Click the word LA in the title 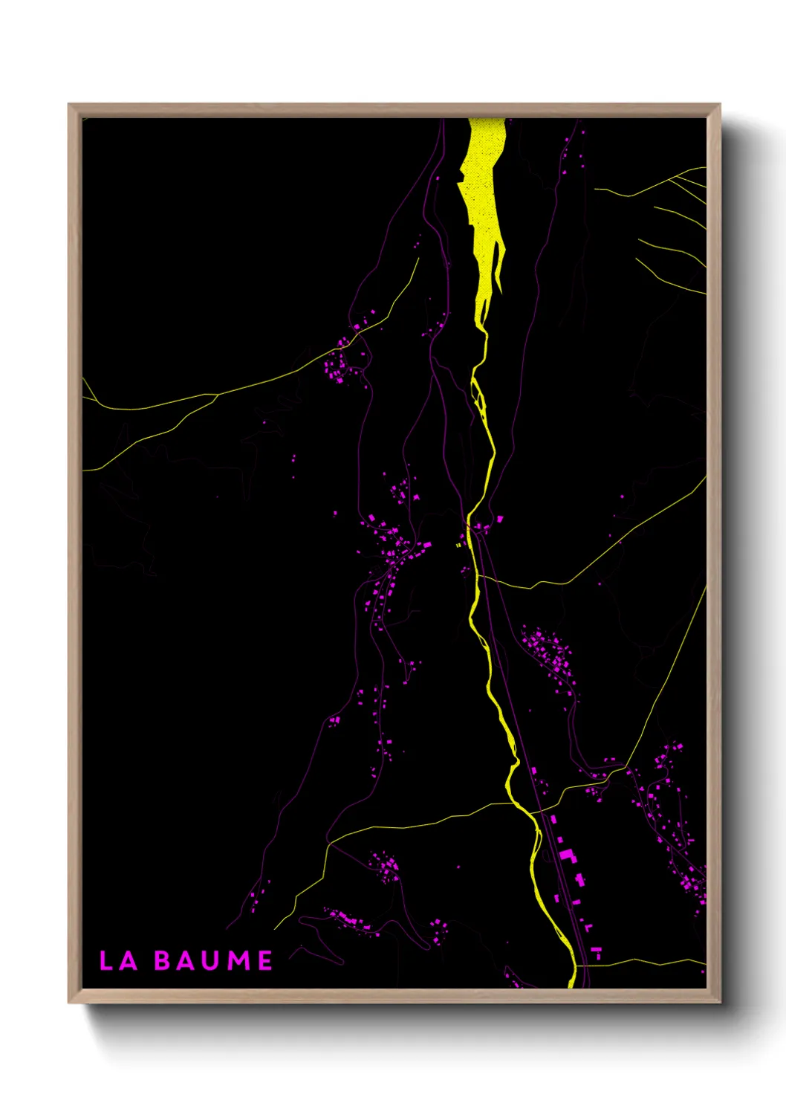pyautogui.click(x=118, y=960)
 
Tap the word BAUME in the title pyautogui.click(x=213, y=960)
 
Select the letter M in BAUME pyautogui.click(x=238, y=960)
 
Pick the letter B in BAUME pyautogui.click(x=163, y=960)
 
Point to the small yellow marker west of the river pyautogui.click(x=458, y=545)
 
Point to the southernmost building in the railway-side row pyautogui.click(x=595, y=951)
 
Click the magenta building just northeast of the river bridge pyautogui.click(x=500, y=518)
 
